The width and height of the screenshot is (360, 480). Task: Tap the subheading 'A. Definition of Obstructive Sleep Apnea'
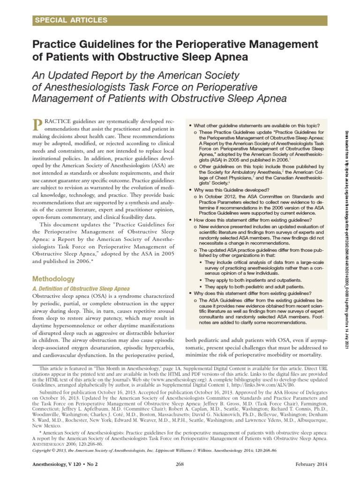pyautogui.click(x=81, y=288)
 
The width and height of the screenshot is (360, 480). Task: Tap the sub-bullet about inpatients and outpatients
pyautogui.click(x=250, y=279)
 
